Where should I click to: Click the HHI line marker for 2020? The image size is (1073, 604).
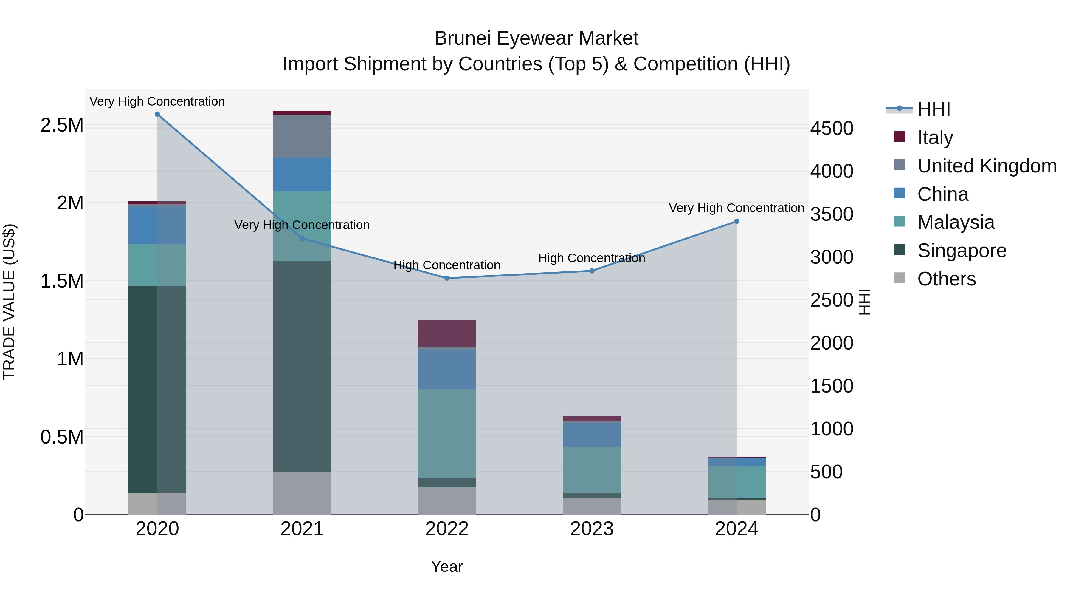157,114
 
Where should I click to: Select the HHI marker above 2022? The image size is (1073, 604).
447,278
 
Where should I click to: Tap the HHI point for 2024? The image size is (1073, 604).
736,221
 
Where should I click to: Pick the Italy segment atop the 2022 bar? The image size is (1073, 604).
447,333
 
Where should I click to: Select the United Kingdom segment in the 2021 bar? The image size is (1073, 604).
302,136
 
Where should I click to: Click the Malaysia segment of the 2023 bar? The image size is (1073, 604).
592,469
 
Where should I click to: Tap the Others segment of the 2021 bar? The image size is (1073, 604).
302,493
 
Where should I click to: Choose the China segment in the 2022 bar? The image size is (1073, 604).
447,369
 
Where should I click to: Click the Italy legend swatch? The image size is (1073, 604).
899,137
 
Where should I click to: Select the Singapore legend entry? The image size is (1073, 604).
961,251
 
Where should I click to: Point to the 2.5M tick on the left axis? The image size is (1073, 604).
62,125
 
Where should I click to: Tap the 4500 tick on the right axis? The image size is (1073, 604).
831,128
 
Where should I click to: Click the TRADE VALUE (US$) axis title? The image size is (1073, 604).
9,302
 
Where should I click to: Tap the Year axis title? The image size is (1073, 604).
447,566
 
